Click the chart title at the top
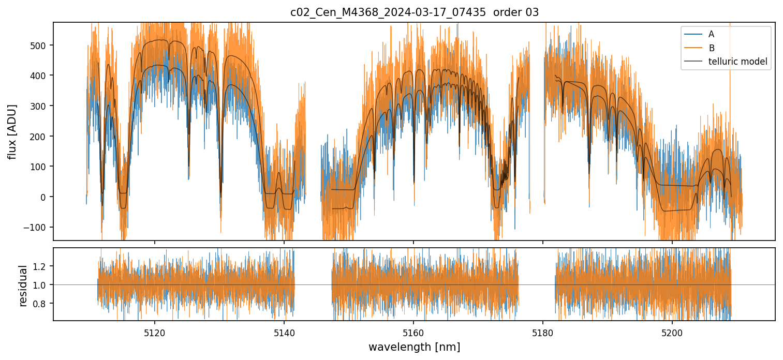[x=414, y=12]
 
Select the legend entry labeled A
[x=711, y=34]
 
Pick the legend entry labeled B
[x=711, y=48]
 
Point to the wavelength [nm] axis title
[x=414, y=347]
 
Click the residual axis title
[x=23, y=286]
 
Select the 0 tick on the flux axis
[x=46, y=197]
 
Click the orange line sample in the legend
[x=692, y=48]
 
